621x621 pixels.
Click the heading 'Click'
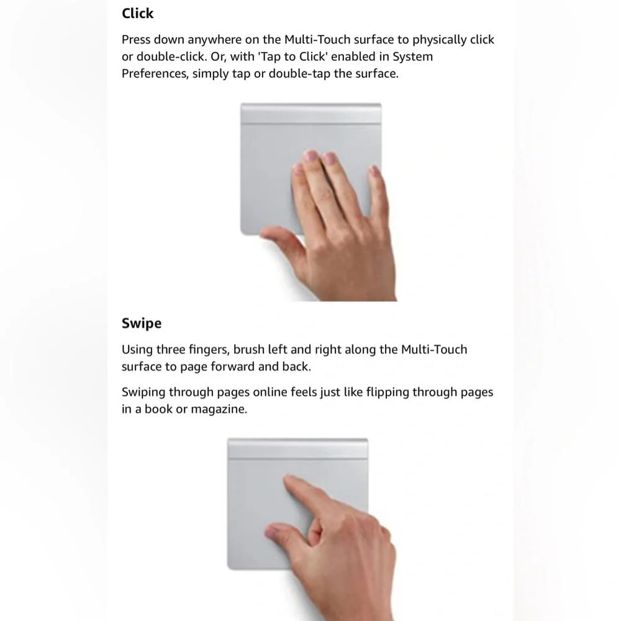[x=137, y=13]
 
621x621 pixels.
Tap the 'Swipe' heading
[x=141, y=323]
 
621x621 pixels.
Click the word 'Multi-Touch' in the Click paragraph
[x=317, y=40]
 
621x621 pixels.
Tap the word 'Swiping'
[x=143, y=392]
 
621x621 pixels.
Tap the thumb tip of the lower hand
[x=274, y=532]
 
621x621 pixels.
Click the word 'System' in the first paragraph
[x=414, y=57]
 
